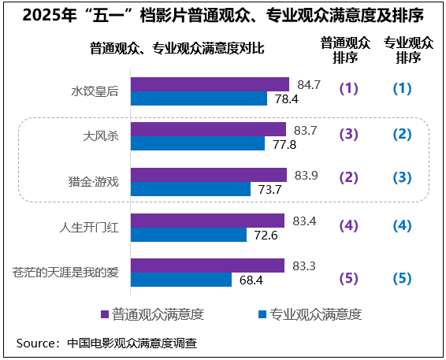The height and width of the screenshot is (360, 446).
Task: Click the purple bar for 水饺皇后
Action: [x=210, y=84]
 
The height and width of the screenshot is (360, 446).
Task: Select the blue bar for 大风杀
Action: [x=197, y=143]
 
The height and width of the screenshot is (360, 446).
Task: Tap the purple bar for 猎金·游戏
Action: [x=209, y=175]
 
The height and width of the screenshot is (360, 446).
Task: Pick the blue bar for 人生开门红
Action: [x=195, y=235]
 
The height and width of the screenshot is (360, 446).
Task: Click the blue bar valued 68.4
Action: [x=181, y=280]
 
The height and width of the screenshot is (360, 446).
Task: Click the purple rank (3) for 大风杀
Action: [x=348, y=134]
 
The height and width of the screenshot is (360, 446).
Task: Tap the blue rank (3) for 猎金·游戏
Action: [x=403, y=178]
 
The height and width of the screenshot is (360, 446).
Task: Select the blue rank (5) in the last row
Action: [x=403, y=277]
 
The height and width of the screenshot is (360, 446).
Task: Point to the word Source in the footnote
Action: [x=37, y=343]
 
